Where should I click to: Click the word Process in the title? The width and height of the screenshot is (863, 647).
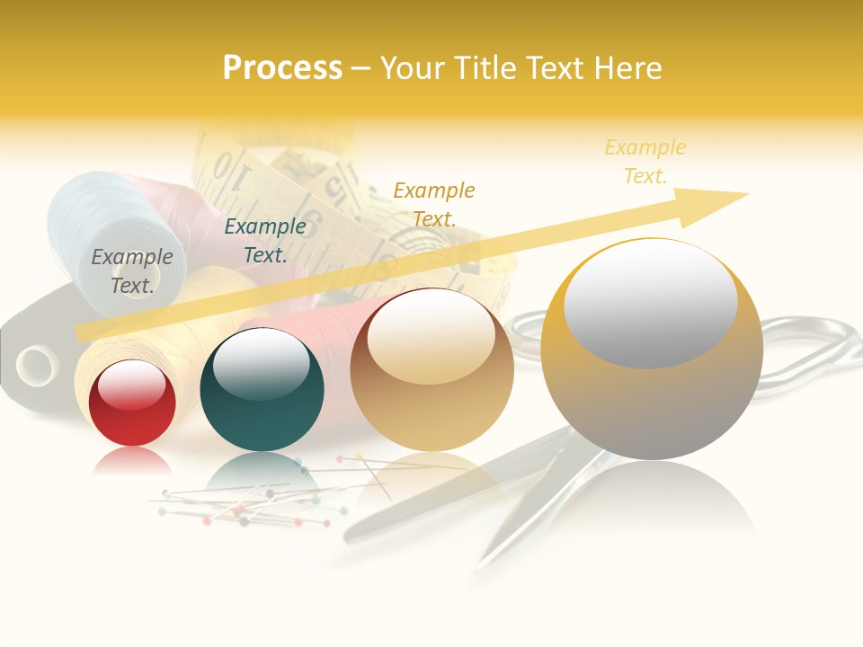pyautogui.click(x=282, y=67)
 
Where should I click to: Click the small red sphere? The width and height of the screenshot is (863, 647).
pyautogui.click(x=132, y=403)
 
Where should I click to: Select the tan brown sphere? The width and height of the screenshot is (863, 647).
pyautogui.click(x=431, y=370)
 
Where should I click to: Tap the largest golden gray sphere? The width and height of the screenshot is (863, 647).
pyautogui.click(x=652, y=350)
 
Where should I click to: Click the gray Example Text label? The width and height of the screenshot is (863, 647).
pyautogui.click(x=131, y=270)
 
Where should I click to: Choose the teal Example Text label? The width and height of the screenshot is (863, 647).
pyautogui.click(x=264, y=241)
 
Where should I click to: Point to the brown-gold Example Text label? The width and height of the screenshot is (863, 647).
pyautogui.click(x=433, y=204)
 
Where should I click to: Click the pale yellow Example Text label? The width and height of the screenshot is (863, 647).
pyautogui.click(x=645, y=162)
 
